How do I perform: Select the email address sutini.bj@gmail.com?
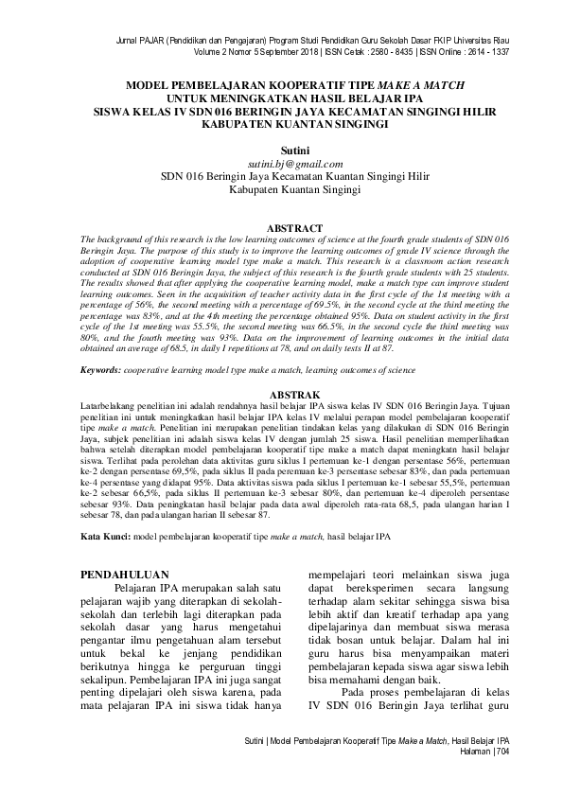tap(282, 163)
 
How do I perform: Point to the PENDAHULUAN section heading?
tap(124, 574)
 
